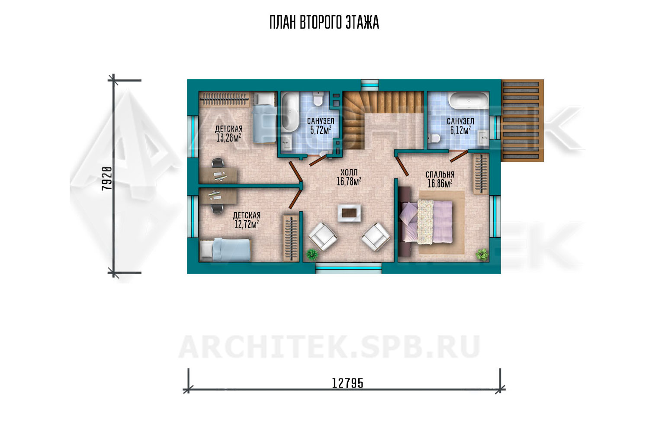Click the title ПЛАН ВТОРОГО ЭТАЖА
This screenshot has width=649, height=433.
[x=324, y=22]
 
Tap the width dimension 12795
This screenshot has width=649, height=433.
[x=347, y=383]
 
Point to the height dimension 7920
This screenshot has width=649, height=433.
[x=106, y=179]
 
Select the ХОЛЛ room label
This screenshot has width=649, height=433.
[x=349, y=172]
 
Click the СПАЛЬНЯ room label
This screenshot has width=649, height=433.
[x=440, y=174]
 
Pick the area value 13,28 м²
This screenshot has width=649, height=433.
[x=229, y=138]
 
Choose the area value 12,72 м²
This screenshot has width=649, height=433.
[x=247, y=224]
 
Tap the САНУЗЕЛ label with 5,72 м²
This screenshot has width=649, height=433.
[x=321, y=121]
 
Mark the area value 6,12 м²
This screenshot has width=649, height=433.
[x=460, y=130]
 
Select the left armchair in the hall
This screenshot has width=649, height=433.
[x=322, y=236]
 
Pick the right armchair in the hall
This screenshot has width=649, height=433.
[x=376, y=236]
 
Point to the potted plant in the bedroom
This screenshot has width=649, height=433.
[x=482, y=254]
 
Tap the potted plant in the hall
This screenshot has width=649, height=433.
[x=312, y=254]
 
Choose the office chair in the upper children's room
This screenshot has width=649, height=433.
[x=218, y=163]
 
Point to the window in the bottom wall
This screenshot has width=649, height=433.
[x=348, y=268]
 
